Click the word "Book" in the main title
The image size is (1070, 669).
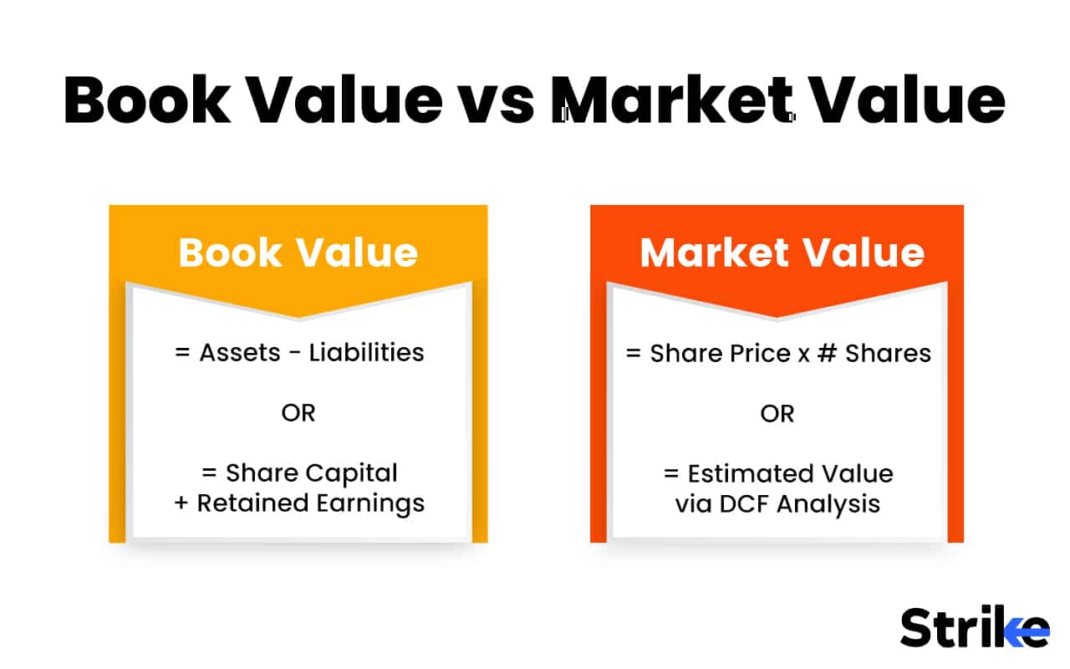147,100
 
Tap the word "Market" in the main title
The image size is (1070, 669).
674,100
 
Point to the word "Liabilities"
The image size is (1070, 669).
366,353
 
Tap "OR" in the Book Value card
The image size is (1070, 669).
298,413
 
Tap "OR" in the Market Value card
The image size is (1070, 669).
777,413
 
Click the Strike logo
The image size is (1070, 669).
974,627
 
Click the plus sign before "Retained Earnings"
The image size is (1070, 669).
181,503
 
